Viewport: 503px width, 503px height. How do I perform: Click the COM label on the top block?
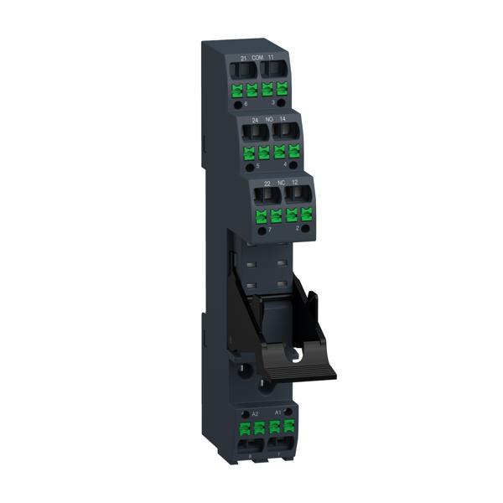click(x=257, y=56)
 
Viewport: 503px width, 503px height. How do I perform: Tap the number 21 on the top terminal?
click(x=243, y=56)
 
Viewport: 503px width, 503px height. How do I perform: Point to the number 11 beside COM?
click(x=271, y=56)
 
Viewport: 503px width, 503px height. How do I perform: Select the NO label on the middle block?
click(x=269, y=121)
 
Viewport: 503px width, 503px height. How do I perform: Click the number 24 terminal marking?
click(x=254, y=121)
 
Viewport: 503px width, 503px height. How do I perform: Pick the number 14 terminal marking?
click(x=283, y=121)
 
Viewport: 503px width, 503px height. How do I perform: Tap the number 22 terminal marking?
click(x=266, y=184)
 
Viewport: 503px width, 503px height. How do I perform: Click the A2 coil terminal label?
click(x=256, y=414)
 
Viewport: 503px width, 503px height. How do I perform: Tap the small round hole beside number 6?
click(x=237, y=106)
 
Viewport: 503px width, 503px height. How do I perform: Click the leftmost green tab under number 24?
click(x=249, y=154)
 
